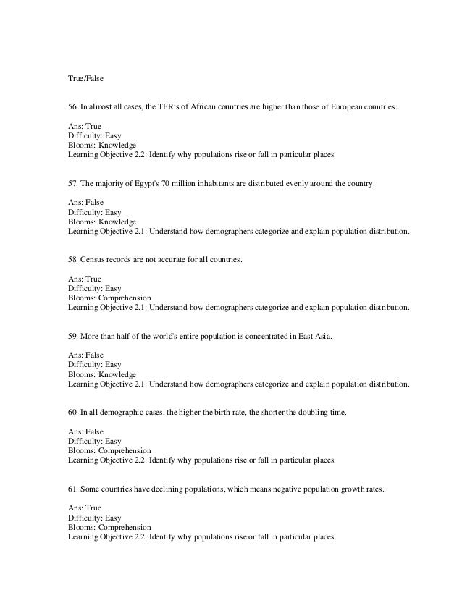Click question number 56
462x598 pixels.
tap(73, 108)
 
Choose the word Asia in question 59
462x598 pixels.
tap(323, 337)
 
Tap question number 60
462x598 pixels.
tap(73, 413)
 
